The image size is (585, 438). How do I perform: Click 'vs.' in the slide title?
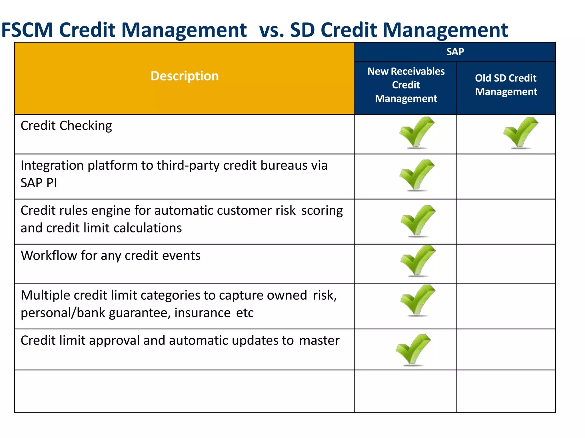(x=272, y=30)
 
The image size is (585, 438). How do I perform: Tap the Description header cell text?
(x=185, y=76)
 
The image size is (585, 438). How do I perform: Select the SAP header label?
(x=455, y=52)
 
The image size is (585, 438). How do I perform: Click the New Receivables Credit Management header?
(x=406, y=85)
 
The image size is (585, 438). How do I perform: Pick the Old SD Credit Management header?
(x=506, y=85)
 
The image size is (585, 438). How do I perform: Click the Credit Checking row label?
(x=66, y=126)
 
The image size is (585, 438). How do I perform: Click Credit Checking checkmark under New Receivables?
(x=416, y=133)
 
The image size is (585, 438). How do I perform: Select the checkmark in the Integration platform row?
(x=416, y=175)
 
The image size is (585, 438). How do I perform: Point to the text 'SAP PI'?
(x=39, y=183)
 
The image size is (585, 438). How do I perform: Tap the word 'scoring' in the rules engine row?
(x=322, y=211)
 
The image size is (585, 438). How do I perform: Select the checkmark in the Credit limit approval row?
(x=413, y=350)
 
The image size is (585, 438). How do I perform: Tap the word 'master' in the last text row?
(x=319, y=340)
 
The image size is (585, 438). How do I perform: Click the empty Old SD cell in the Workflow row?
(x=506, y=264)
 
